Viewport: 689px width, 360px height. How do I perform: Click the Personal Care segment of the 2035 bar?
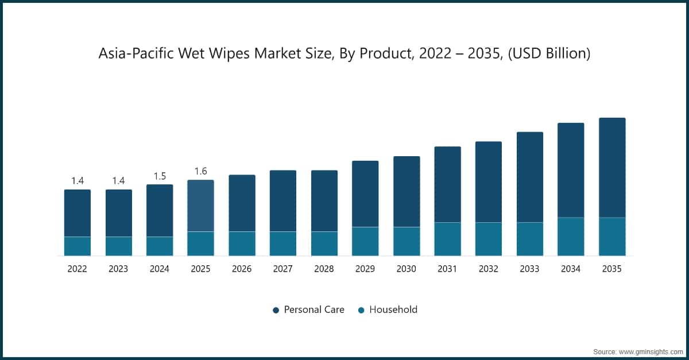(612, 168)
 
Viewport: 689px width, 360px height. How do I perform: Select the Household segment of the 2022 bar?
(78, 246)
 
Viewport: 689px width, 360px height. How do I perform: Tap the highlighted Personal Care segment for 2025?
(200, 206)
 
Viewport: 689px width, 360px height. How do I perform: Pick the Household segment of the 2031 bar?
(447, 239)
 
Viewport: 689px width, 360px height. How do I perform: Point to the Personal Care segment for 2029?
(365, 193)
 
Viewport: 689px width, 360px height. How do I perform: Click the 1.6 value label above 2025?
(200, 171)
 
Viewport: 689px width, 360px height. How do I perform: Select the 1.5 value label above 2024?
(160, 176)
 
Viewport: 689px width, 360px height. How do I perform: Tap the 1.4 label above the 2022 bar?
(78, 181)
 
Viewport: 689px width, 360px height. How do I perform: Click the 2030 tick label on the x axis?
(407, 269)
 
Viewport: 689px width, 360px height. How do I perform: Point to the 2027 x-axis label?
(283, 269)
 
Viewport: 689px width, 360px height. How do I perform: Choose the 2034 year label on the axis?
(571, 269)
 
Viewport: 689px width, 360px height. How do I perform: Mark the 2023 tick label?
(118, 269)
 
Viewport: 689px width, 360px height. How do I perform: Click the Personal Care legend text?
(315, 309)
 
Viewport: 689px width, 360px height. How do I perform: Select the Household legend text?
(393, 309)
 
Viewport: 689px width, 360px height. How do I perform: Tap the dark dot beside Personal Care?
(276, 310)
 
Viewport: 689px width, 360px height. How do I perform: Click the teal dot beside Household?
(361, 310)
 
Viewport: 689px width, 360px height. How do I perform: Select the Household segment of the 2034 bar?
(571, 237)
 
